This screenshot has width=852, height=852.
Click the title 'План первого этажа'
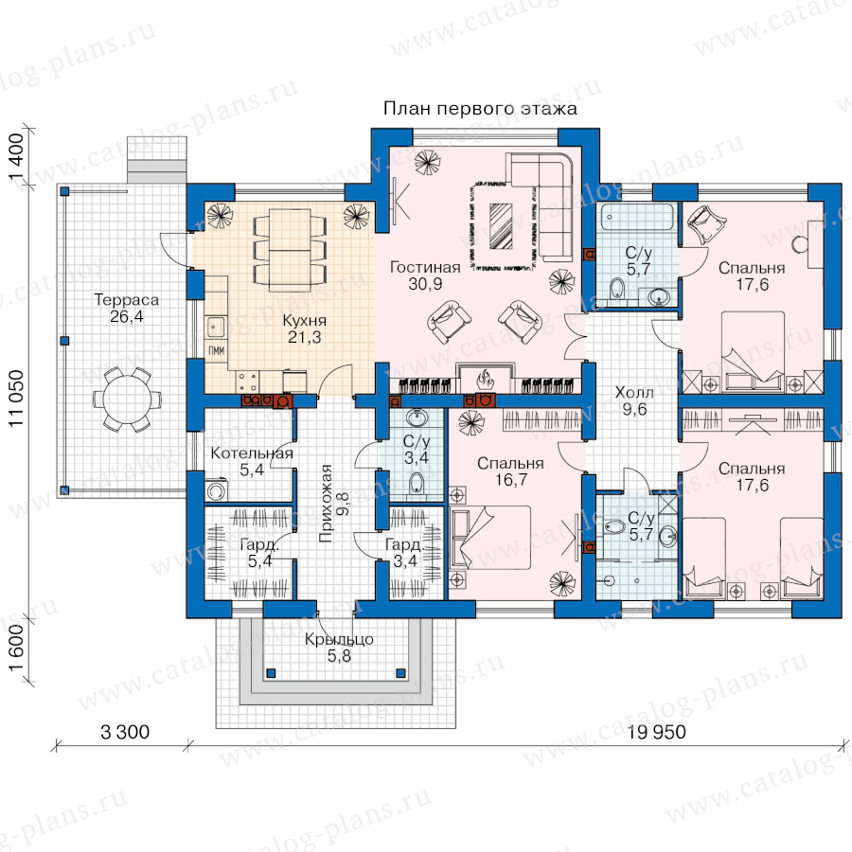480,109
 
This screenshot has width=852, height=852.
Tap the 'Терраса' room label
127,300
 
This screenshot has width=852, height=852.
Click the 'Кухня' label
304,321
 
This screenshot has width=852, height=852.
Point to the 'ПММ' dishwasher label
216,351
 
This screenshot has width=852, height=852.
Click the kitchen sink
216,328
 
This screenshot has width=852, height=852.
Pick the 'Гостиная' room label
425,267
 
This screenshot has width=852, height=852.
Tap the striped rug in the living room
501,226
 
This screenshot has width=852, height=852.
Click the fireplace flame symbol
484,378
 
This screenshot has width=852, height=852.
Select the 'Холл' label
634,392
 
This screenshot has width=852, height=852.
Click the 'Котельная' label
252,453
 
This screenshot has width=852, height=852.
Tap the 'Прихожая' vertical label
326,504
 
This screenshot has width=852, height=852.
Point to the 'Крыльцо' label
339,640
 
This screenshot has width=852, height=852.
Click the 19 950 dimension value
656,733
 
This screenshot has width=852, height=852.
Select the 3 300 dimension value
125,733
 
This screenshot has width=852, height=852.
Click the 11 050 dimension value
17,399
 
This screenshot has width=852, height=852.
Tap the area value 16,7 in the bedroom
511,480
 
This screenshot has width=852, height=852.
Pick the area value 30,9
425,284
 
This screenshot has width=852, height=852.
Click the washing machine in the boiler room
216,490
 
